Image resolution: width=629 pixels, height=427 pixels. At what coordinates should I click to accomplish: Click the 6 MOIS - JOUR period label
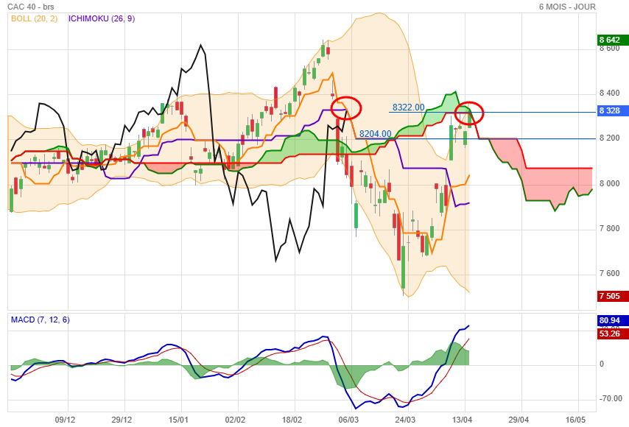[x=567, y=7]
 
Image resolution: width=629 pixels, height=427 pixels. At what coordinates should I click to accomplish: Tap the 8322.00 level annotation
[x=408, y=107]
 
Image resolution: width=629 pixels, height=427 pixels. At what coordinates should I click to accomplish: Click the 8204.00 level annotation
[x=375, y=134]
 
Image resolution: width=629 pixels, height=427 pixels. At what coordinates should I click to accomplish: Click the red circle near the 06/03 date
[x=346, y=108]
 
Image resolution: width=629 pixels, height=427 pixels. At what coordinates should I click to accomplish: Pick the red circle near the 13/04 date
[x=469, y=113]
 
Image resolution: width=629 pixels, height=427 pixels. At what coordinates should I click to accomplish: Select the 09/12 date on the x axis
[x=65, y=419]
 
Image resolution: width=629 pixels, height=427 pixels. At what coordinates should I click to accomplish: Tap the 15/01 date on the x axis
[x=179, y=419]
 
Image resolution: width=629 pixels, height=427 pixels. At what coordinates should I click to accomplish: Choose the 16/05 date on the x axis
[x=576, y=419]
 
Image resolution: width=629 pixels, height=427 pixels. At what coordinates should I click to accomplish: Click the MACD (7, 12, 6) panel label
[x=40, y=320]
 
